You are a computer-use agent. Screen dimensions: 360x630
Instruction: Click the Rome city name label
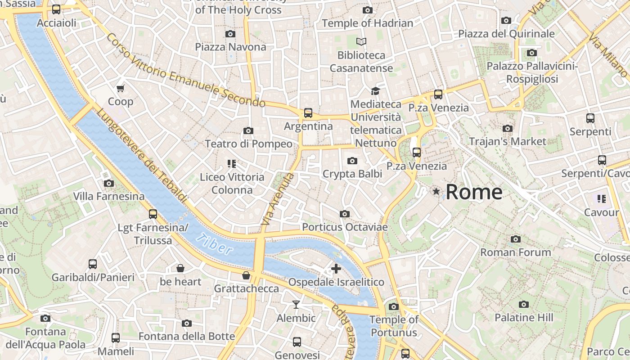point(474,192)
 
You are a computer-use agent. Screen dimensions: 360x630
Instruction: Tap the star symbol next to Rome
point(436,192)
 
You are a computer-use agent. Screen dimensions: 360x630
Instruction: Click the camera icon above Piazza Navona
point(230,34)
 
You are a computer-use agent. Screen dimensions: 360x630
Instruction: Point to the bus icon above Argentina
point(308,113)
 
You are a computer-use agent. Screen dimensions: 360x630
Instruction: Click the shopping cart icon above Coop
point(120,88)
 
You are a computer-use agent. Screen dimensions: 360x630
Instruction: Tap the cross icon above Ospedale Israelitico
point(336,269)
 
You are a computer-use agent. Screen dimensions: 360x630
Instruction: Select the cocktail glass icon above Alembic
point(296,305)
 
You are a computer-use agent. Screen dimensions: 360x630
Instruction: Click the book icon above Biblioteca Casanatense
point(361,42)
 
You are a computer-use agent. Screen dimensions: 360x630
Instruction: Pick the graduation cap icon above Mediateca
point(375,91)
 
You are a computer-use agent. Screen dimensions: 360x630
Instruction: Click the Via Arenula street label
point(277,199)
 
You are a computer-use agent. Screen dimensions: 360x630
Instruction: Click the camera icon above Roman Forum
point(516,239)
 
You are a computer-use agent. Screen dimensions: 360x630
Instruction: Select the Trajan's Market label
point(507,141)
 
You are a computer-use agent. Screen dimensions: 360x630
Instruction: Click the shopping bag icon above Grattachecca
point(246,275)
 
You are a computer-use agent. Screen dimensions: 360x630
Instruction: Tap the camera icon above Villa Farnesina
point(108,183)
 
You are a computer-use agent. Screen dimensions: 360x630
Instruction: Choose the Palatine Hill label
point(524,317)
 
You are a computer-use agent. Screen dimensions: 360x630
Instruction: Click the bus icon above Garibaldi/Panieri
point(93,264)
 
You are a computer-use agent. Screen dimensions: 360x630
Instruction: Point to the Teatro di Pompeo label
point(248,144)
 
